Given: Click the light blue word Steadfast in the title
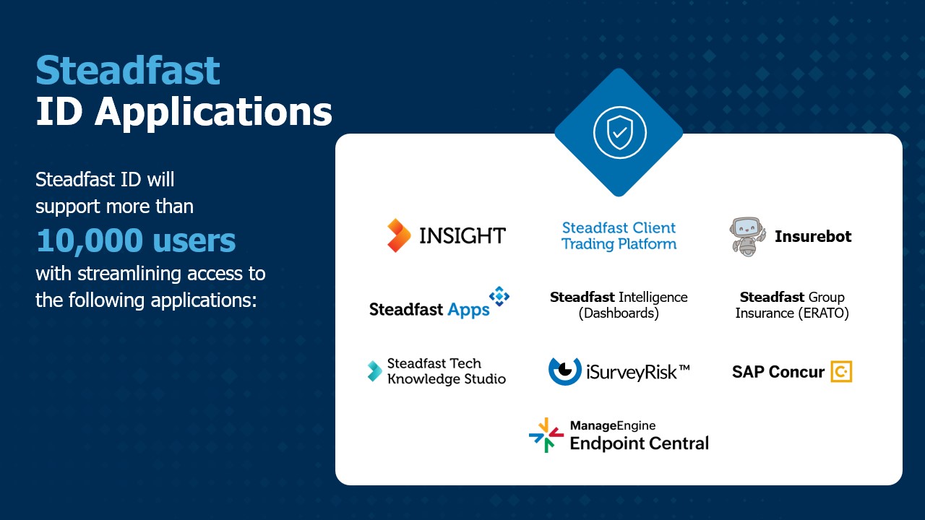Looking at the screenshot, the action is pyautogui.click(x=128, y=71).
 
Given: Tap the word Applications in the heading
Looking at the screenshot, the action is pyautogui.click(x=213, y=113).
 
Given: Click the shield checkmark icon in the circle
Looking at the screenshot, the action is pyautogui.click(x=619, y=132).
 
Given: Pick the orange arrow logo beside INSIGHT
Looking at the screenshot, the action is pyautogui.click(x=398, y=235).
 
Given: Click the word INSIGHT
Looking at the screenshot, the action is pyautogui.click(x=462, y=235).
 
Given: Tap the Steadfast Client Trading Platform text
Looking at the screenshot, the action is pyautogui.click(x=619, y=236).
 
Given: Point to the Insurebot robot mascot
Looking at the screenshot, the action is pyautogui.click(x=747, y=236).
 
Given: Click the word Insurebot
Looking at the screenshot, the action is pyautogui.click(x=813, y=236).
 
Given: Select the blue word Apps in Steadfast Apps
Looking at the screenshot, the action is pyautogui.click(x=469, y=310).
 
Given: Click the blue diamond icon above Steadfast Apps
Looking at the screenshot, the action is pyautogui.click(x=499, y=296).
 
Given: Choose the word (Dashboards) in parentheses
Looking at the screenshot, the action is pyautogui.click(x=619, y=313).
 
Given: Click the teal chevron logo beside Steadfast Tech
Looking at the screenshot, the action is pyautogui.click(x=375, y=371).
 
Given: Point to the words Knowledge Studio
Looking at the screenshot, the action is pyautogui.click(x=447, y=379).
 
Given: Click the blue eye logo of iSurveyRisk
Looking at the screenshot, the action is pyautogui.click(x=564, y=371).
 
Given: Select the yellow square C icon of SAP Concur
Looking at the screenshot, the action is pyautogui.click(x=842, y=371).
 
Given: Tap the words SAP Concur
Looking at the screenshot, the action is pyautogui.click(x=778, y=372).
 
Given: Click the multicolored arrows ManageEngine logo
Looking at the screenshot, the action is pyautogui.click(x=546, y=435).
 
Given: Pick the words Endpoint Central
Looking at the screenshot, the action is pyautogui.click(x=640, y=443).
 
